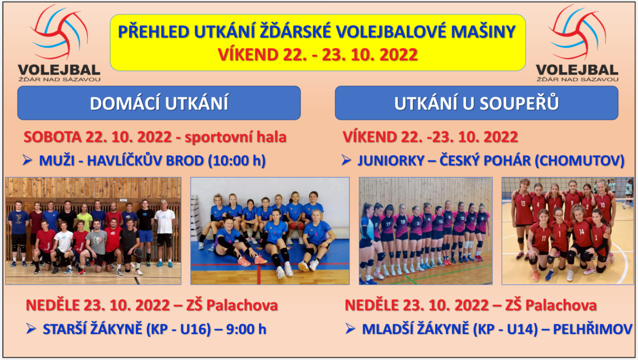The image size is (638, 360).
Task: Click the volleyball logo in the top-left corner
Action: pos(59,43)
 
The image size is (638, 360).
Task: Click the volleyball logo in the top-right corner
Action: pos(577,43)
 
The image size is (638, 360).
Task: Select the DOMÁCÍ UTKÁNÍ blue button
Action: pos(159,103)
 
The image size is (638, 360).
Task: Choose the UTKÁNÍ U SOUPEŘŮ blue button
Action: pos(477,103)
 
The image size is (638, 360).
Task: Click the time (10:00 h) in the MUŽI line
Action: pos(237,161)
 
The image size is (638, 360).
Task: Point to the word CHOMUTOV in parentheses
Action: pos(579,161)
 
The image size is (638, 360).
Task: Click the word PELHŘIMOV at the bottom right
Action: pos(593,329)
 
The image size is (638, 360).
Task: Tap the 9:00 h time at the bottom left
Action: pos(246,329)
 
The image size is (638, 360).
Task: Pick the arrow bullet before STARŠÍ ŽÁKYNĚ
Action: pos(31,329)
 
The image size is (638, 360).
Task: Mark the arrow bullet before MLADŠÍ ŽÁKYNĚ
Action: pos(350,329)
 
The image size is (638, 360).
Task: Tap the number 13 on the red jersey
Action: pos(523,203)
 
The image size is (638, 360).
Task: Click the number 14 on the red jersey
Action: pos(582,231)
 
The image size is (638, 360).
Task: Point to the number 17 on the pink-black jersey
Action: pos(388,224)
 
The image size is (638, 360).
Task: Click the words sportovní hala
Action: pos(236,137)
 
